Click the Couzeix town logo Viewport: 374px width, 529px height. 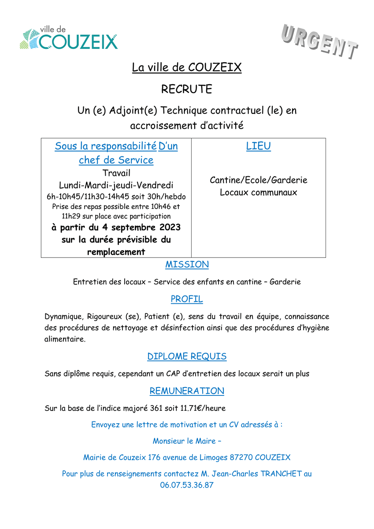tap(69, 38)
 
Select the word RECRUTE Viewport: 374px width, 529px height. tap(187, 89)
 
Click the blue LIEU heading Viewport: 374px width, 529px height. tap(259, 146)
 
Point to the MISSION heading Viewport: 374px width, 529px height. tap(187, 264)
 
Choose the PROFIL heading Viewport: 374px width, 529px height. tap(187, 299)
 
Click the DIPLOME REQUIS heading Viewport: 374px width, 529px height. tap(187, 356)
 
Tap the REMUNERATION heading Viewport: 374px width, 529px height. tap(187, 391)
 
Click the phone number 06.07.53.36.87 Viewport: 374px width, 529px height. tap(187, 485)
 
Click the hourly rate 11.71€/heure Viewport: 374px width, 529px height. tap(203, 408)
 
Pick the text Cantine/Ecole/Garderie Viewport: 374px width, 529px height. tap(259, 180)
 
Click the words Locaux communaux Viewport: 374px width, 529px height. tap(259, 192)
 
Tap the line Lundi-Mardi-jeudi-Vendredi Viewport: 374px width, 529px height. tap(116, 184)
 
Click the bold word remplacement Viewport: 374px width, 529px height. tap(116, 252)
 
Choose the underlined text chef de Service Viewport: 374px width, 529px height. tap(116, 160)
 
